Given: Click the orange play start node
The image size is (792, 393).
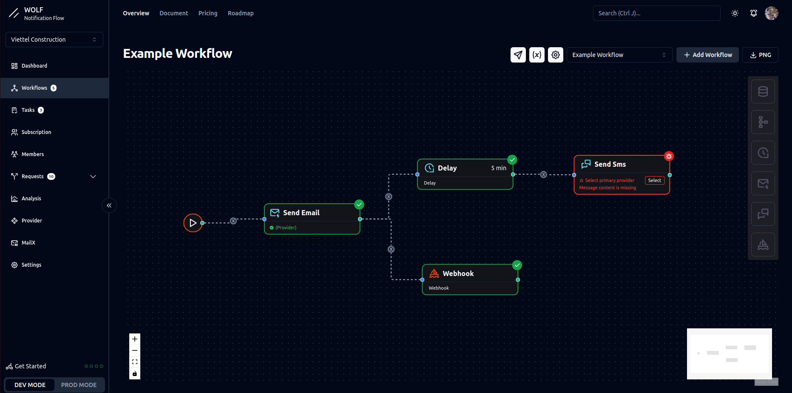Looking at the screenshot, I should coord(193,223).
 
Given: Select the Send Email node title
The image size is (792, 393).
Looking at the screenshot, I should coord(301,213).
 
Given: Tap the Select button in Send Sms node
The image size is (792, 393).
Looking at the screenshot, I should coord(654,180).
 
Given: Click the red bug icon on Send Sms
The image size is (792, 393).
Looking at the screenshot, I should coord(669,156).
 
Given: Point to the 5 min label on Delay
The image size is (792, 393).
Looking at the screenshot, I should coord(498,168).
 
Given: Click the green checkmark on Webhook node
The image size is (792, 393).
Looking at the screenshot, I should coord(517,265).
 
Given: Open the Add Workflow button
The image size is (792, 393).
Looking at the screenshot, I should coord(707,55).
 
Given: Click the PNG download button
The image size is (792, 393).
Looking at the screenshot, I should coord(760,55).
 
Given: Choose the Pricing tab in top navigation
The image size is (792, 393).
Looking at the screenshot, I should coord(208,13).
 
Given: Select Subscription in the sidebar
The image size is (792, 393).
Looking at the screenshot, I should coord(36,132).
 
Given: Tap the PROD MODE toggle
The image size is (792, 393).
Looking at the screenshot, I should coord(79,385).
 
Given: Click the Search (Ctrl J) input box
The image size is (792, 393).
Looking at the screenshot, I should coord(656,13).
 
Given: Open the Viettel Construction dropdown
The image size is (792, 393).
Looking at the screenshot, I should coord(54,40).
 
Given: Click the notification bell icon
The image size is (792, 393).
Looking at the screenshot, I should coord(753,13).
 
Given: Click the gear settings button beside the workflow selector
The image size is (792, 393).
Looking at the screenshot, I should coord(555,55).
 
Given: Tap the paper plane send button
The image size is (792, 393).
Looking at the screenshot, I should coord(518,55).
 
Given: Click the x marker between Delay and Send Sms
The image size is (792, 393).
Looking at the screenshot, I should coord(543,174).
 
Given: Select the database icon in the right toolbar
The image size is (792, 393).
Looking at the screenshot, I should coord(763,91).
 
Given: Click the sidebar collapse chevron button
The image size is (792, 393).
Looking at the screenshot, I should coord(109,205).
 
